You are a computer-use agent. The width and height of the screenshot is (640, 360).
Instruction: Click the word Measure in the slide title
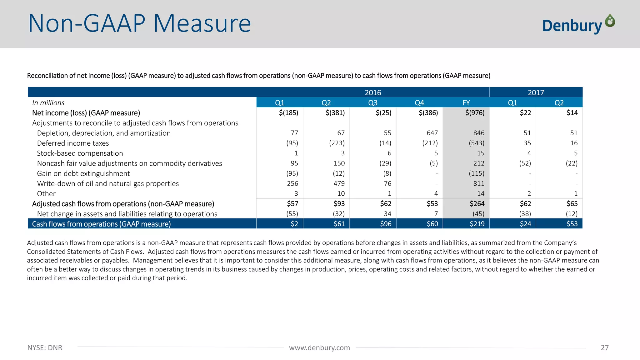(202, 24)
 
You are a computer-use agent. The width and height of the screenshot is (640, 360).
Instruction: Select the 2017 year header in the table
(536, 92)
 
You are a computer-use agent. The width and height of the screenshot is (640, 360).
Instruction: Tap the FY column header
(466, 103)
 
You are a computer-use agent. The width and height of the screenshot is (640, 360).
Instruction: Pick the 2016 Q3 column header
(373, 103)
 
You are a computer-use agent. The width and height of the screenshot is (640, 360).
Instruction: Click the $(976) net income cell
(475, 113)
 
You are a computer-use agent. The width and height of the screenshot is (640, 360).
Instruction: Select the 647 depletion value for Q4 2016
(432, 133)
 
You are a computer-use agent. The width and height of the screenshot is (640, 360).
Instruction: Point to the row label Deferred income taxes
(73, 143)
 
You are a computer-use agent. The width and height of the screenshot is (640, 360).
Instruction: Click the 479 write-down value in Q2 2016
(339, 183)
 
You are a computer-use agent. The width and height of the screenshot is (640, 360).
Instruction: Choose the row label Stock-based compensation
(80, 153)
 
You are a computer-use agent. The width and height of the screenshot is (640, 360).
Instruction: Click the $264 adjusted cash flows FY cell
(477, 204)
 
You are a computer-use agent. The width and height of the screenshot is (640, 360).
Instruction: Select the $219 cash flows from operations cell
(477, 224)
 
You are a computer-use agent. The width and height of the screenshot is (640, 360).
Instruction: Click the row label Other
(46, 194)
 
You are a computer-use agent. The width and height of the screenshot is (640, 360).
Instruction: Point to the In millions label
(48, 103)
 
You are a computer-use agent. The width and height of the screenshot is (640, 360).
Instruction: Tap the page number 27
(604, 347)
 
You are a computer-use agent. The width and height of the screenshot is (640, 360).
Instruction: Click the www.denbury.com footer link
(319, 347)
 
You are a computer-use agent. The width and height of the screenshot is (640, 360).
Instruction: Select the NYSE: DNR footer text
(45, 347)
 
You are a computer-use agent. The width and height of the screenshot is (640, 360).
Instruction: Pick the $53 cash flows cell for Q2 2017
(572, 224)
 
